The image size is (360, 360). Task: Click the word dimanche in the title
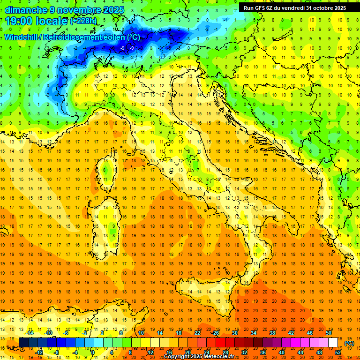pos(23,9)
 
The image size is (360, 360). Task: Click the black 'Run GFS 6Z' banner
pos(293,7)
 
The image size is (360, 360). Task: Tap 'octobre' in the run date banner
pos(323,7)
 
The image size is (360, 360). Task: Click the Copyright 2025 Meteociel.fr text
pos(199,357)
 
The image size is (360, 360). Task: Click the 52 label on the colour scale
pos(338,352)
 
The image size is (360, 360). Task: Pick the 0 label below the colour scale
pos(92,352)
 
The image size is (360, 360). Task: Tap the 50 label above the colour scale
pos(329,333)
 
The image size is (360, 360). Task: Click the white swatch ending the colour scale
pos(333,343)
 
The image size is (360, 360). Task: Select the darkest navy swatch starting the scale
pos(23,343)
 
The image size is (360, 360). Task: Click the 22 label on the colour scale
pos(197,333)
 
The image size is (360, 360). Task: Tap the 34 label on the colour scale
pos(254,333)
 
